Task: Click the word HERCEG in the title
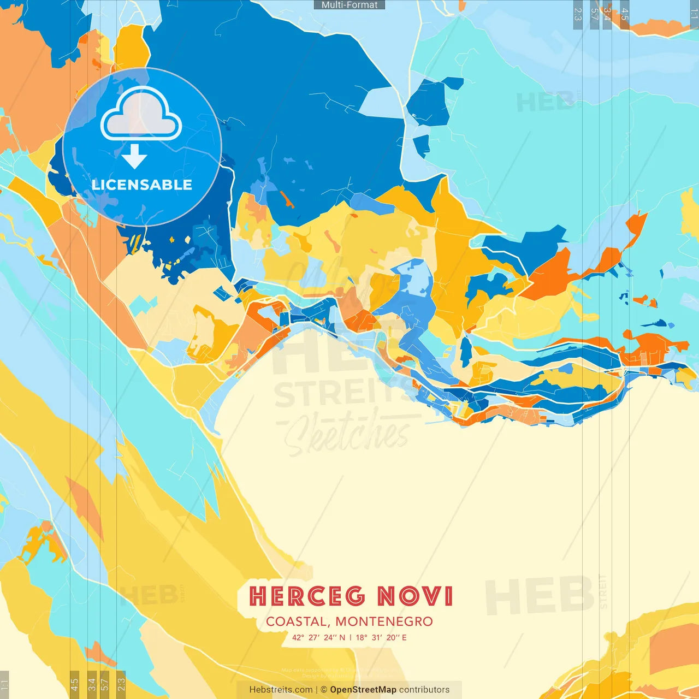pyautogui.click(x=307, y=596)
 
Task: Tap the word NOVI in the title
pyautogui.click(x=415, y=596)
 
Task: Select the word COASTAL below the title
pyautogui.click(x=297, y=621)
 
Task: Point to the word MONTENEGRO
pyautogui.click(x=384, y=621)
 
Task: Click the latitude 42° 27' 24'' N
pyautogui.click(x=319, y=637)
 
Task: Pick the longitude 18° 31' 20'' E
pyautogui.click(x=381, y=637)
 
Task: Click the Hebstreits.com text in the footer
pyautogui.click(x=281, y=690)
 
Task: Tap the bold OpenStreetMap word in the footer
pyautogui.click(x=363, y=690)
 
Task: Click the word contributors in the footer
pyautogui.click(x=424, y=690)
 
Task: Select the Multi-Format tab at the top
pyautogui.click(x=349, y=5)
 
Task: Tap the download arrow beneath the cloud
pyautogui.click(x=134, y=157)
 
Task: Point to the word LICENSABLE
pyautogui.click(x=142, y=185)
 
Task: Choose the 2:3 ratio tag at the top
pyautogui.click(x=577, y=14)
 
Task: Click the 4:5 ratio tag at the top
pyautogui.click(x=624, y=14)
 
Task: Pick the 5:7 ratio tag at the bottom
pyautogui.click(x=105, y=683)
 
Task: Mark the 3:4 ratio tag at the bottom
pyautogui.click(x=92, y=683)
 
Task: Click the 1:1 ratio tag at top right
pyautogui.click(x=694, y=14)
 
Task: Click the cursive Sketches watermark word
pyautogui.click(x=347, y=434)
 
